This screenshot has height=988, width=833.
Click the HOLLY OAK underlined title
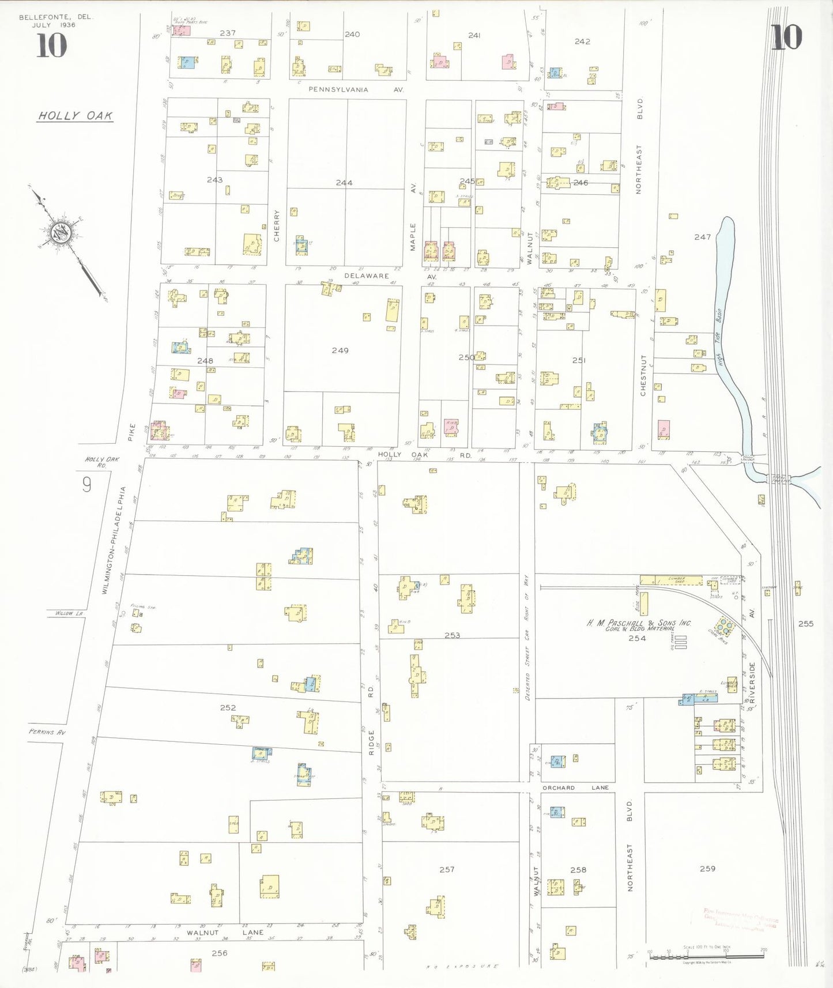point(75,115)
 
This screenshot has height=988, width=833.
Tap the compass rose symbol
point(60,233)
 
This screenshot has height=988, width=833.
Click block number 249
point(340,350)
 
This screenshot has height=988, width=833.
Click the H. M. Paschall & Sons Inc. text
point(638,623)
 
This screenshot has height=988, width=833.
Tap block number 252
point(228,707)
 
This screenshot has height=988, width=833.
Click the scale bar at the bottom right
point(706,956)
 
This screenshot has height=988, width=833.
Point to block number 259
point(707,869)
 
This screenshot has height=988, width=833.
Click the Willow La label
point(69,613)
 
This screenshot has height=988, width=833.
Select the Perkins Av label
point(47,732)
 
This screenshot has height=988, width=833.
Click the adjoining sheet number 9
point(86,485)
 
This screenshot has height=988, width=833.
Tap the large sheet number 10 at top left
point(52,46)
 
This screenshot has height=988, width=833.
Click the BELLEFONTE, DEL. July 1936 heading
point(55,21)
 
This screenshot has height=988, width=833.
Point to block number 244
point(344,183)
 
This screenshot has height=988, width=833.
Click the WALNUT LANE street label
point(225,932)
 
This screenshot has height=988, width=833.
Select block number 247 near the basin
point(702,237)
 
